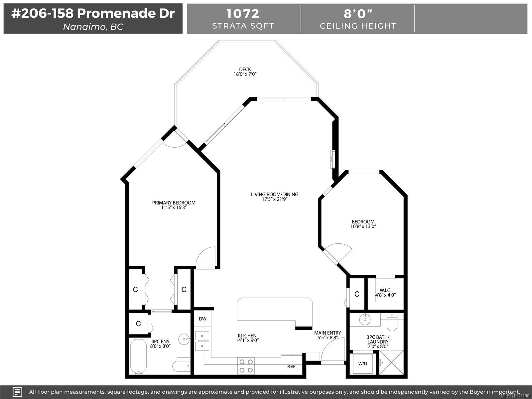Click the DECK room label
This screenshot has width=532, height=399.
point(245,69)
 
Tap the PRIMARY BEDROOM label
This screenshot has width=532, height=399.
point(174,203)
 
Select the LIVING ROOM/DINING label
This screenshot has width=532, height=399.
point(275,194)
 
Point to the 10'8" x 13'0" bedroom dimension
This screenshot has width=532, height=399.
point(363,226)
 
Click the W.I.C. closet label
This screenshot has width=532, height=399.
point(385,290)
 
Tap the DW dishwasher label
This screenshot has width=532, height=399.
point(202,319)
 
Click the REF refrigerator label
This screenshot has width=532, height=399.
point(291,366)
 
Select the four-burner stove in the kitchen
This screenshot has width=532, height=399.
point(246,366)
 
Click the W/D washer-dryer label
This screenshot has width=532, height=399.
point(362,364)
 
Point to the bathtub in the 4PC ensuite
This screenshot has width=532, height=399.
point(138,356)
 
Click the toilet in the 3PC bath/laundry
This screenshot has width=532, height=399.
point(392,322)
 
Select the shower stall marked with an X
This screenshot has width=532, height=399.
point(391,362)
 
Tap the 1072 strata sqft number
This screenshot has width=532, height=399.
point(243,14)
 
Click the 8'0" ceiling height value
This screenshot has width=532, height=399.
point(358,14)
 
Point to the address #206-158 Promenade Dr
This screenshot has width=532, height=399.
point(93,13)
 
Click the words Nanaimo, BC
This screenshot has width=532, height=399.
point(93,27)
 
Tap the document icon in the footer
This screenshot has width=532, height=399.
point(17,392)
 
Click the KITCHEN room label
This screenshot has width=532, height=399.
point(247,335)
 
